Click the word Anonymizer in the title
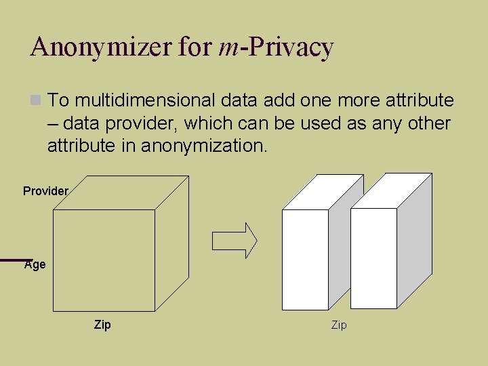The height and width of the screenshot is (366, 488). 102,47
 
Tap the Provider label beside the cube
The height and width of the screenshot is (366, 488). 45,191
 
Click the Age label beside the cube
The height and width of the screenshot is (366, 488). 35,264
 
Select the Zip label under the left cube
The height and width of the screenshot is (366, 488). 102,325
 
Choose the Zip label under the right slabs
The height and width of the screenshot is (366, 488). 339,325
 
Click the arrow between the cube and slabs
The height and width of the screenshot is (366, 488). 235,241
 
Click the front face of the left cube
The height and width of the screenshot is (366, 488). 104,260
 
